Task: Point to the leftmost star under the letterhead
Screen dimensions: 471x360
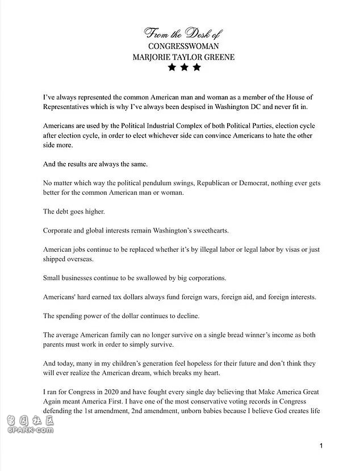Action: [x=171, y=68]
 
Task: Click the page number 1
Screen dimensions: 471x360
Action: [x=321, y=445]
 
